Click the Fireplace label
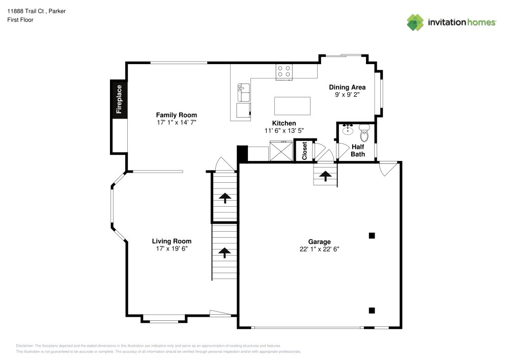(119, 99)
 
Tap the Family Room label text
(176, 115)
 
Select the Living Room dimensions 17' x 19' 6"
(172, 249)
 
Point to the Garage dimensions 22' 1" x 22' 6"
(319, 249)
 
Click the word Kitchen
(284, 123)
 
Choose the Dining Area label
(347, 87)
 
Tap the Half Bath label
(358, 150)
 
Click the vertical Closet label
(304, 151)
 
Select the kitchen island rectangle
(292, 106)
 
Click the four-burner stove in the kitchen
(284, 71)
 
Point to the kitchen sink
(243, 92)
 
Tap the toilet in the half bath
(364, 133)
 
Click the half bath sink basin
(348, 130)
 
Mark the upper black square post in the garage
(372, 235)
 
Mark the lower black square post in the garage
(372, 310)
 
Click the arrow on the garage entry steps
(325, 176)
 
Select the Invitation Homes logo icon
(415, 22)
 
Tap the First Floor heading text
(20, 20)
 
